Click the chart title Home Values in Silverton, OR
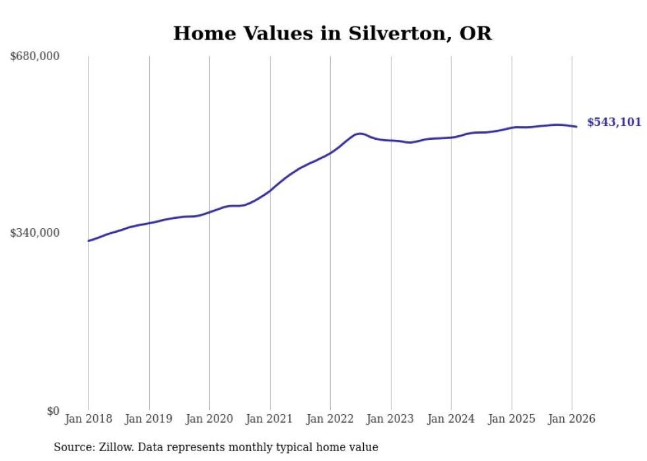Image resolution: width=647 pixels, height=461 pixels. (x=332, y=34)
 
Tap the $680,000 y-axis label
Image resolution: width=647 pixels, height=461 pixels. (x=35, y=57)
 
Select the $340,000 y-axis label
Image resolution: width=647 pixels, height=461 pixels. (x=35, y=233)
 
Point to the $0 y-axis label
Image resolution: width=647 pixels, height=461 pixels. (x=53, y=411)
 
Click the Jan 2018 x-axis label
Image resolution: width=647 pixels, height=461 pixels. (x=88, y=419)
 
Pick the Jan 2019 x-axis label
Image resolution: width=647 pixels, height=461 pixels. (x=149, y=419)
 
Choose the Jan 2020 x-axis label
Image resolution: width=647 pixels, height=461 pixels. (x=209, y=419)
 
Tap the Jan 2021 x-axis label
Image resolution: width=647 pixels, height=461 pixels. (x=269, y=419)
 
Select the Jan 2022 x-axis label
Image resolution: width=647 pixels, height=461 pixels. (x=330, y=419)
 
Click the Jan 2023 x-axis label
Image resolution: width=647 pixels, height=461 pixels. (x=390, y=419)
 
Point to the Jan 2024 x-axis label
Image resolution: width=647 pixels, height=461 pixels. (x=451, y=419)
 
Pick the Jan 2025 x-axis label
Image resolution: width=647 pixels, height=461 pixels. (x=511, y=419)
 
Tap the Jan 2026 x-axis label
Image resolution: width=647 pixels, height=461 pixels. (x=571, y=419)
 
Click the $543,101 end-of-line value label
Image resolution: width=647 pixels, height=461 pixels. (x=613, y=122)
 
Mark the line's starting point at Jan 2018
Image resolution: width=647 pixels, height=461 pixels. (x=88, y=241)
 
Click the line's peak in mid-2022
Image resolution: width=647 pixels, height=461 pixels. (x=359, y=133)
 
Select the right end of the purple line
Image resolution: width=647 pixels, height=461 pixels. (x=576, y=127)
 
